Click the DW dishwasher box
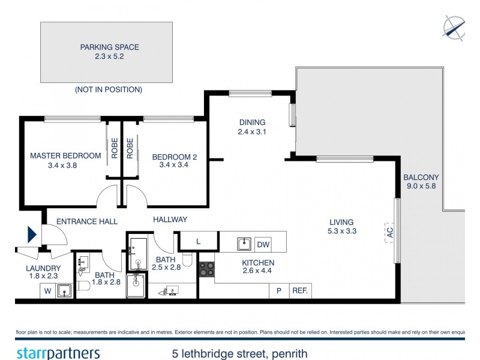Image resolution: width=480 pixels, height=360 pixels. [x=263, y=244]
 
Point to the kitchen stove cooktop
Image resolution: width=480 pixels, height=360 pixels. [x=207, y=270]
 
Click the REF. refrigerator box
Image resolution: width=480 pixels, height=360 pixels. [x=299, y=290]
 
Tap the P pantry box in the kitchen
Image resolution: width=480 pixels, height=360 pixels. [x=278, y=290]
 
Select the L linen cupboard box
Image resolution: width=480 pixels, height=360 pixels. [x=199, y=242]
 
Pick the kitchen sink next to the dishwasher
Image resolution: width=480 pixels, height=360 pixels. [x=244, y=244]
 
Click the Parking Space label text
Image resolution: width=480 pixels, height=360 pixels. [x=106, y=47]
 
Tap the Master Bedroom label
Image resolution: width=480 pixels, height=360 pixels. [x=65, y=156]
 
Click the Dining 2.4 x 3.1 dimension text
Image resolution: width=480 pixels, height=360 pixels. [x=251, y=131]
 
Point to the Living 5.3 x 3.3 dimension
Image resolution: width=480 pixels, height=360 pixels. [x=341, y=231]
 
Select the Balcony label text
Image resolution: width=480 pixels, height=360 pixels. [x=421, y=177]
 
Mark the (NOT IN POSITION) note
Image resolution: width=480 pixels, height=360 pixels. [x=108, y=89]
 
